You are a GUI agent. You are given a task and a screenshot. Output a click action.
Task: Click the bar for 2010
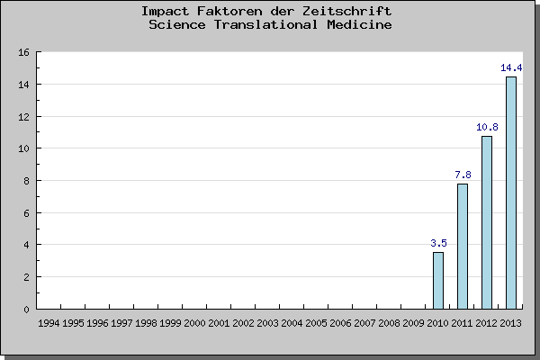[x=438, y=280]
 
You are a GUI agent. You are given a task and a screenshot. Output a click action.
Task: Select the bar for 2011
[x=463, y=246]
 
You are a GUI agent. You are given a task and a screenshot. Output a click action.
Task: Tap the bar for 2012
[x=487, y=222]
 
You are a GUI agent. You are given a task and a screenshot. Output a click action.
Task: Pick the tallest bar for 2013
[x=511, y=193]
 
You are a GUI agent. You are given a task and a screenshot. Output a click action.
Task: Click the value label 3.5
[x=438, y=243]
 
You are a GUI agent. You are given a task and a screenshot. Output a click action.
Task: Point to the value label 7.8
[x=463, y=175]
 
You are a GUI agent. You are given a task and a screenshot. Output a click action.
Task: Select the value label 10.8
[x=487, y=127]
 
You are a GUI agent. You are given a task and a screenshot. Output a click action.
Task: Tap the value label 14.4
[x=511, y=67]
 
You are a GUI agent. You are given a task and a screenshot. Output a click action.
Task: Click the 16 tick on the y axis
[x=24, y=52]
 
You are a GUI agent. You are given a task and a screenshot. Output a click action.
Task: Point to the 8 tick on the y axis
[x=27, y=181]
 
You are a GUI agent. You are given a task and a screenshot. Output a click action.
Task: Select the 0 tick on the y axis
[x=27, y=309]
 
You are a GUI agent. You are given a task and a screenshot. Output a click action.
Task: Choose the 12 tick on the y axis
[x=24, y=117]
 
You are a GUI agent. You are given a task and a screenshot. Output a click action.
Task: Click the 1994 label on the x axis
[x=49, y=321]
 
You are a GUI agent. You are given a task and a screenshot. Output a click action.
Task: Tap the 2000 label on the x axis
[x=195, y=321]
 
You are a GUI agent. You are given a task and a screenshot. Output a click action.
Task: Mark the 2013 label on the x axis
[x=511, y=321]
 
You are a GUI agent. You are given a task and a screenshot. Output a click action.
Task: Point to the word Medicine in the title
[x=359, y=24]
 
